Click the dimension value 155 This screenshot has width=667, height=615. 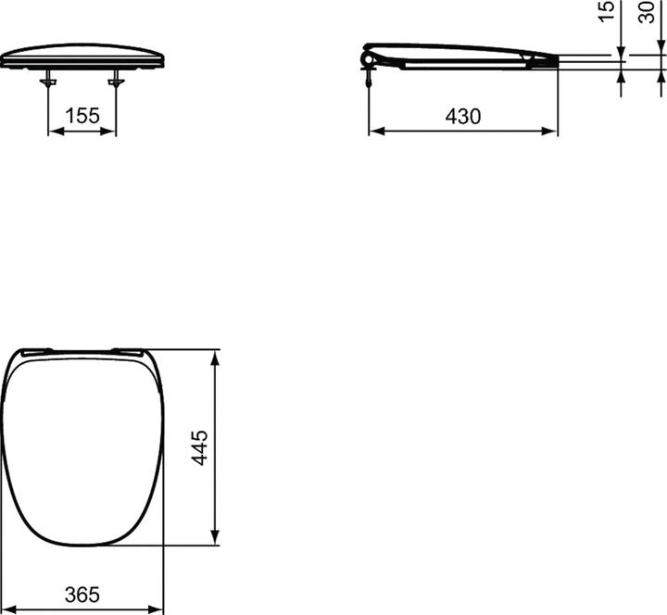tap(82, 117)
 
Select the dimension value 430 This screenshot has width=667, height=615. tap(463, 117)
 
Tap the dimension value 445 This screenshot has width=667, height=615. tap(200, 448)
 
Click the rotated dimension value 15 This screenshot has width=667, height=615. tap(608, 12)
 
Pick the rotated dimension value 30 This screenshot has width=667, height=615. tap(647, 12)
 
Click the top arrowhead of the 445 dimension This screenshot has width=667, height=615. tap(215, 357)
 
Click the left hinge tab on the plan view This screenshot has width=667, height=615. tap(36, 350)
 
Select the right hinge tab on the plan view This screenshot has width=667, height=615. tap(127, 350)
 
